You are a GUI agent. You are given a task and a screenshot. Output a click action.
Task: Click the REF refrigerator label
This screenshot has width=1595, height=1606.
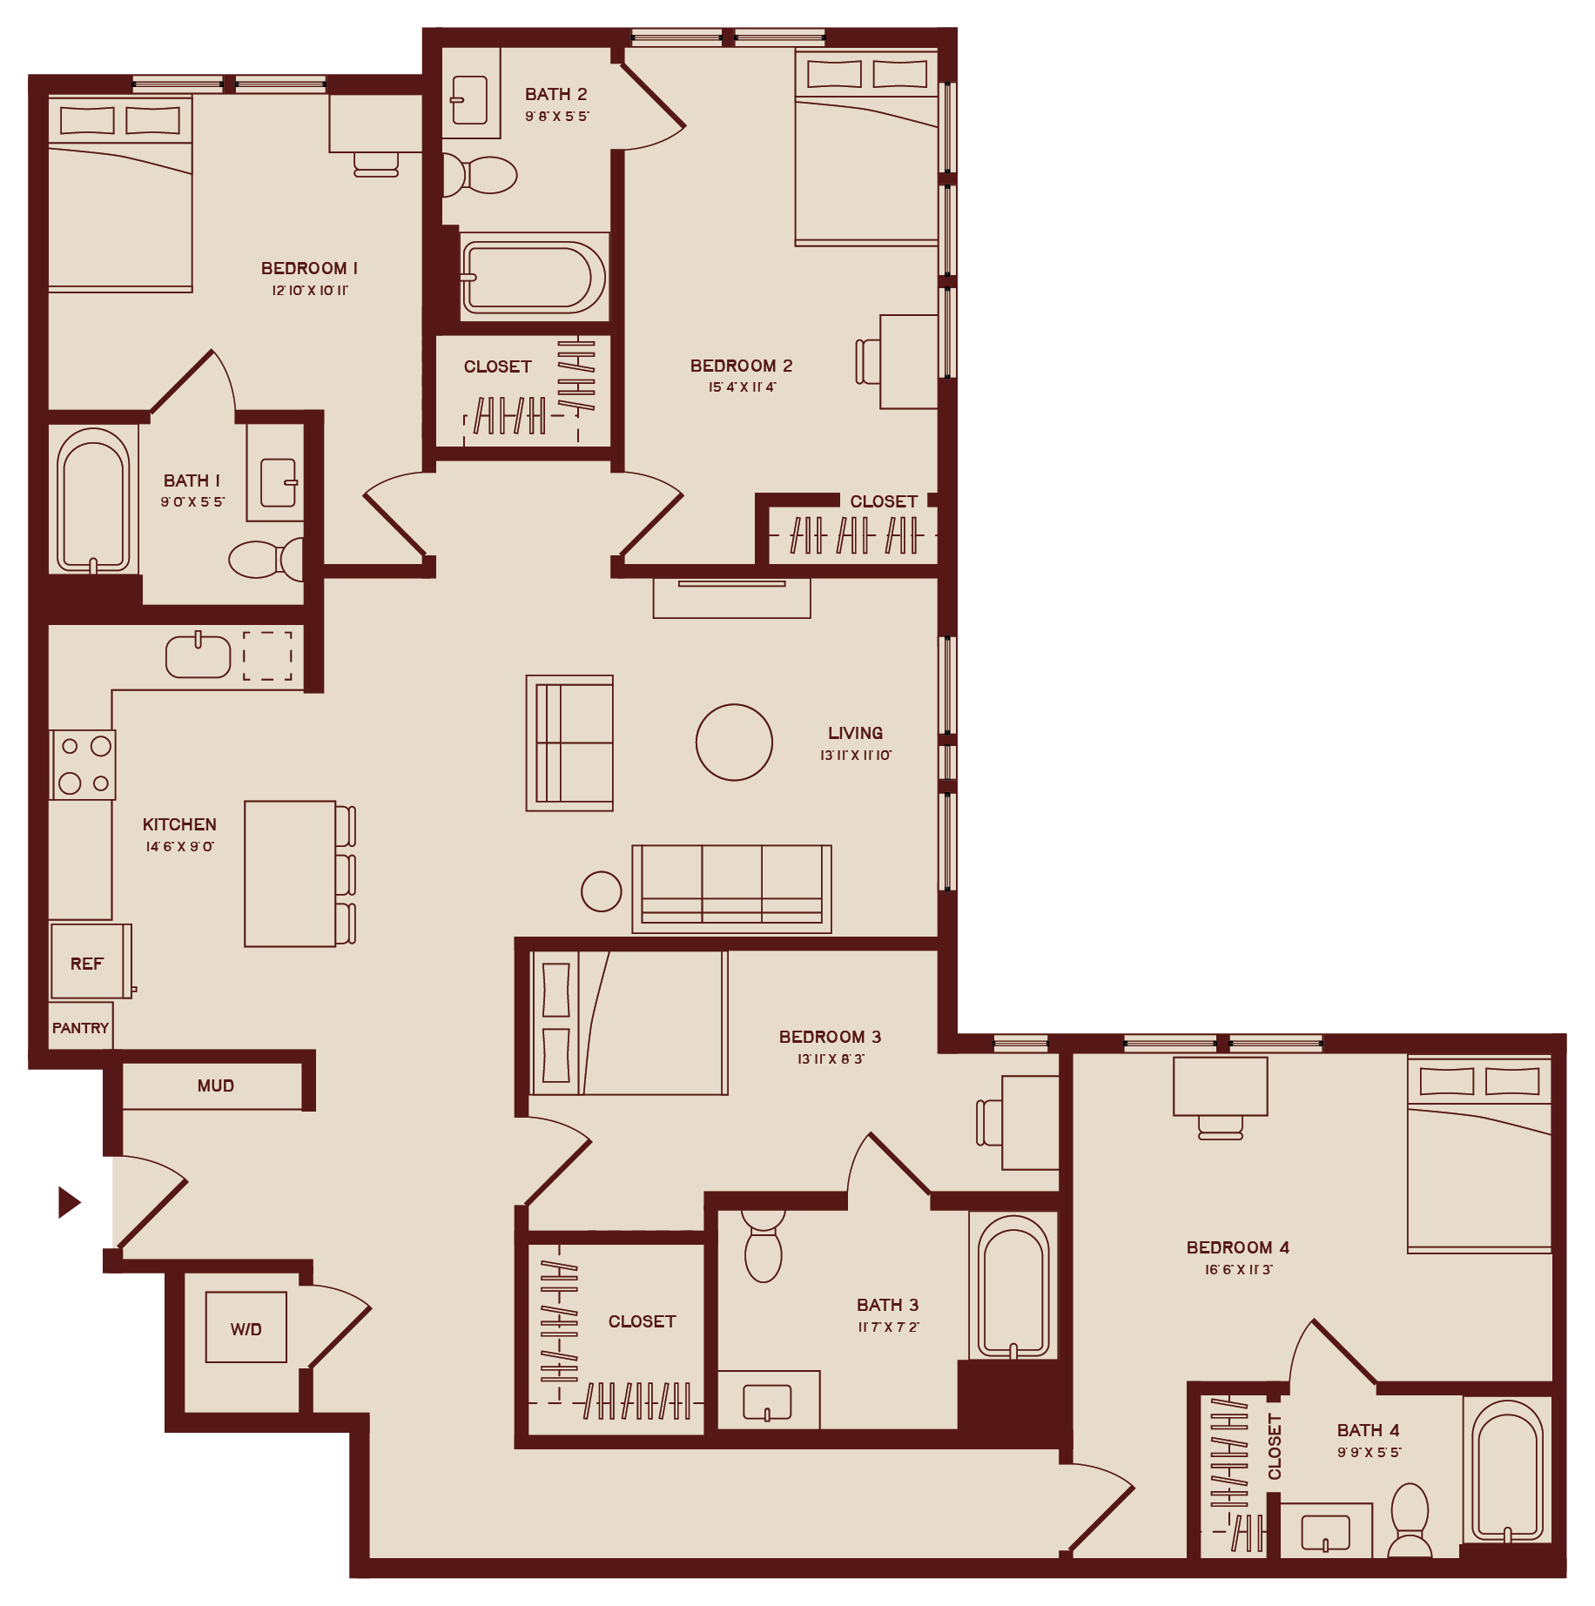[86, 964]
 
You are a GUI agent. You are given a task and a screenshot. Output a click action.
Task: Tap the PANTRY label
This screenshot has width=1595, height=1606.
[80, 1028]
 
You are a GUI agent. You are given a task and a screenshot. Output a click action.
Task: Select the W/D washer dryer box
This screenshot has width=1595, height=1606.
[246, 1328]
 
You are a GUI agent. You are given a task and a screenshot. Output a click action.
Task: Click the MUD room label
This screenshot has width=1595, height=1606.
[216, 1085]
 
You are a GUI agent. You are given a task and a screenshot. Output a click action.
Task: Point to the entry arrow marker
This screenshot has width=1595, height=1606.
[69, 1202]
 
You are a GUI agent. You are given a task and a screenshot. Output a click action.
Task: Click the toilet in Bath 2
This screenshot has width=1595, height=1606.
[483, 175]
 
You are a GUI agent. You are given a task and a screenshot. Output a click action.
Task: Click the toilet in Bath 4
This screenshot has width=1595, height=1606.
[1410, 1519]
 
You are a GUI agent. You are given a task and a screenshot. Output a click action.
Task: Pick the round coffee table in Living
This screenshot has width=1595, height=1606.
[734, 743]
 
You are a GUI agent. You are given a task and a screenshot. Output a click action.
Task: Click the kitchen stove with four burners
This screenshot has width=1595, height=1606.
[84, 764]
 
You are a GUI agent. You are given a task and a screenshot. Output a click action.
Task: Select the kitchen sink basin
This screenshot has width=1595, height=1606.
[199, 656]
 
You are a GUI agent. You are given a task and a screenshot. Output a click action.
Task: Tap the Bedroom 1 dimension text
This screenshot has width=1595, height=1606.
[310, 291]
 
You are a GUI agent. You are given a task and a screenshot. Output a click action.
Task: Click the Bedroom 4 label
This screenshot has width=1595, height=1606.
[1237, 1247]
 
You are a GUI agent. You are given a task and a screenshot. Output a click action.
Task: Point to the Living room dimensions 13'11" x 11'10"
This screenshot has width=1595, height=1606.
[855, 756]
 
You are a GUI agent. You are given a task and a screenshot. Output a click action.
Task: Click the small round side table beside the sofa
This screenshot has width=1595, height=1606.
[601, 891]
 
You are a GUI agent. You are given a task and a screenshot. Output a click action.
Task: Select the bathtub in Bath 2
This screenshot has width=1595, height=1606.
[534, 278]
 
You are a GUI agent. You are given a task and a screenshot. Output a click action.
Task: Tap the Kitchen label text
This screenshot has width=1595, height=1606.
[179, 824]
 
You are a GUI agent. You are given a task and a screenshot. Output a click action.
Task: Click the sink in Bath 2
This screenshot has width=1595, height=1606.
[469, 101]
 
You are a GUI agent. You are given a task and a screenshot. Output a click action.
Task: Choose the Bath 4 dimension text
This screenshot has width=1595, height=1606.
[1369, 1453]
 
